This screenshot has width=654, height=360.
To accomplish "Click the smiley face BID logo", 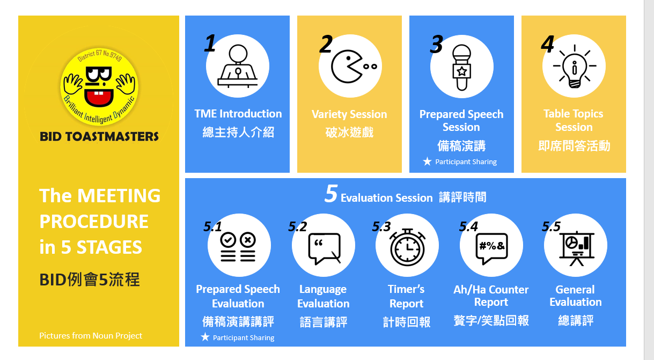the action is pyautogui.click(x=99, y=87).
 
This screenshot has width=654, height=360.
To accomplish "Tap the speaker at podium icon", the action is pyautogui.click(x=238, y=67).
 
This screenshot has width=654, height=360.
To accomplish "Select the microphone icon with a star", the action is pyautogui.click(x=461, y=68).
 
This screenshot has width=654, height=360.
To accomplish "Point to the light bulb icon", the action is pyautogui.click(x=574, y=67).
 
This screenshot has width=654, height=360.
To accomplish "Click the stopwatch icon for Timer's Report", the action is pyautogui.click(x=407, y=247).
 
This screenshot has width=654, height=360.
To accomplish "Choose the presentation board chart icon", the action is pyautogui.click(x=576, y=248).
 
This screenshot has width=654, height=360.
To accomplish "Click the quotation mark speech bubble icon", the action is pyautogui.click(x=324, y=249).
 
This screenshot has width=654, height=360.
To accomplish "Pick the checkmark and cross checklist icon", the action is pyautogui.click(x=238, y=247).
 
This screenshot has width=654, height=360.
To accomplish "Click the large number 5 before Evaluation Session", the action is pyautogui.click(x=331, y=194).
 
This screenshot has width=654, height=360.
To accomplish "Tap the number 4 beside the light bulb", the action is pyautogui.click(x=547, y=44).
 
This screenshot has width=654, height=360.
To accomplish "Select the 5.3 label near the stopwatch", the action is pyautogui.click(x=381, y=226).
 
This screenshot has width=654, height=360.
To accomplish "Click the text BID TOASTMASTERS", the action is pyautogui.click(x=99, y=136).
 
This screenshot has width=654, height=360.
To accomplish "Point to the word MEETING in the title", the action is pyautogui.click(x=119, y=195).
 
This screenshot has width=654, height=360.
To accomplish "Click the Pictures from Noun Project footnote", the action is pyautogui.click(x=91, y=335).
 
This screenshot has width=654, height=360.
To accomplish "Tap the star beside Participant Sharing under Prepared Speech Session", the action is pyautogui.click(x=427, y=161).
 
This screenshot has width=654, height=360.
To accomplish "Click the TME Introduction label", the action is pyautogui.click(x=238, y=114).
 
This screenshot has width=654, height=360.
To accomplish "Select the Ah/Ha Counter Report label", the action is pyautogui.click(x=491, y=296).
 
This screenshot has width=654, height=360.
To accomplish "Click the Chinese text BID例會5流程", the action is pyautogui.click(x=90, y=280).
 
